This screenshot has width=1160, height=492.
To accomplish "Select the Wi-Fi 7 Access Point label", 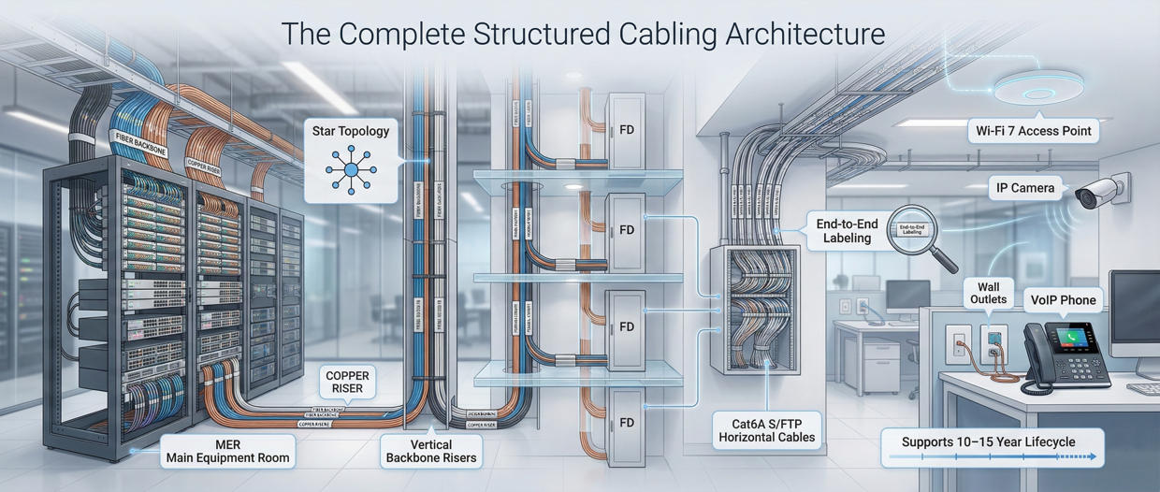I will click(1034, 131).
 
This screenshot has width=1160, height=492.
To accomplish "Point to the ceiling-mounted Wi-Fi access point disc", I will click(1038, 88).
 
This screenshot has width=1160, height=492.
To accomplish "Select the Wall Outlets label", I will click(988, 294).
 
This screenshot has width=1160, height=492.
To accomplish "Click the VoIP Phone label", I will click(1064, 300).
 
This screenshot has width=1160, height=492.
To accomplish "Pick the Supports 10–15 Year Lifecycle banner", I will click(993, 445).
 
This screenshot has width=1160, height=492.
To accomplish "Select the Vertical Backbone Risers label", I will click(431, 451).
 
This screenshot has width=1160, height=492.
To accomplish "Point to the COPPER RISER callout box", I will click(347, 383).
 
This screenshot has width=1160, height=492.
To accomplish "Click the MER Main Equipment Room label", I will click(227, 451).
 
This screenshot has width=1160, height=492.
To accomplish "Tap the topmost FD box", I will click(626, 130).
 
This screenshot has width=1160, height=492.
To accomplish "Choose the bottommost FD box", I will click(626, 423).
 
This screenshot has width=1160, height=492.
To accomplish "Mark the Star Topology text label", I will click(351, 132).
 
